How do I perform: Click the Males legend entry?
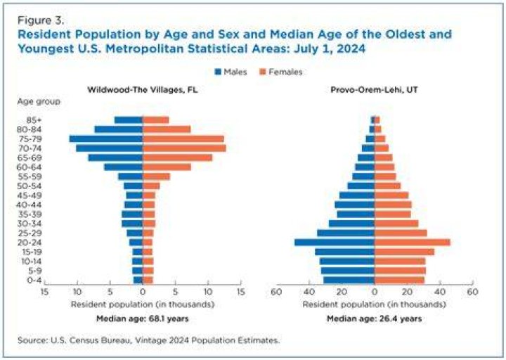(x=231, y=72)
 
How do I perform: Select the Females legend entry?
(x=281, y=72)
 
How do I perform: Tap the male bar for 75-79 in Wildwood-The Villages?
(x=106, y=139)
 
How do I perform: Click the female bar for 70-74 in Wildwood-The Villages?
(x=184, y=148)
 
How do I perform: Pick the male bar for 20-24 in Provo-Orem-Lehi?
(x=335, y=243)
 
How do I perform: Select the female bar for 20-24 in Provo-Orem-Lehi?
(x=413, y=243)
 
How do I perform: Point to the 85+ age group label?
(x=34, y=120)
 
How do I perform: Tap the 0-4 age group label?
(x=34, y=281)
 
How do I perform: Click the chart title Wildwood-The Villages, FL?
(x=142, y=89)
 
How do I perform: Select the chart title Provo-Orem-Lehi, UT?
(x=375, y=89)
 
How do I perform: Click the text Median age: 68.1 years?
(x=142, y=319)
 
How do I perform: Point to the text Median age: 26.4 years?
(x=375, y=319)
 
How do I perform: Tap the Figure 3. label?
(x=41, y=20)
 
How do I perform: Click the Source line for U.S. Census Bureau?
(x=149, y=340)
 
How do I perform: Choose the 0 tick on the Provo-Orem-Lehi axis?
(x=375, y=292)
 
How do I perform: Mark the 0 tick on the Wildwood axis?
(x=143, y=292)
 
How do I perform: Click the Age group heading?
(x=39, y=102)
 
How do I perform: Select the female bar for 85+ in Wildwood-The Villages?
(x=155, y=120)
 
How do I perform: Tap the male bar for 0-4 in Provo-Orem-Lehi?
(x=349, y=281)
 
